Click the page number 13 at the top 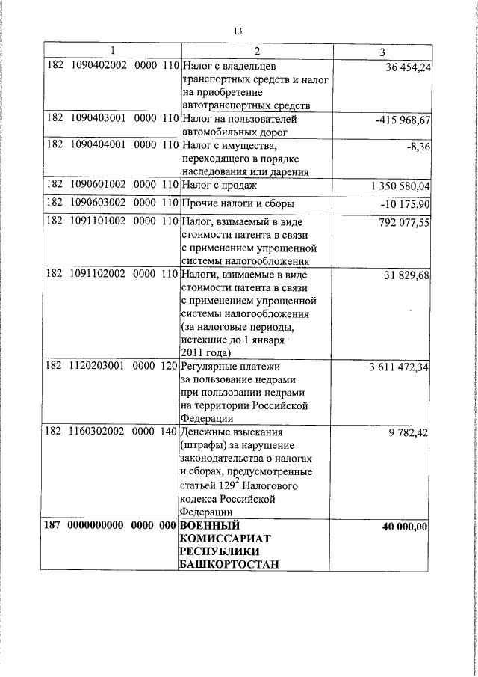click(x=238, y=31)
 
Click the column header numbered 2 click(x=255, y=52)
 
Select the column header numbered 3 click(x=382, y=52)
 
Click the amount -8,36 click(x=418, y=147)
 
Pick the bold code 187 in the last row click(x=52, y=526)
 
